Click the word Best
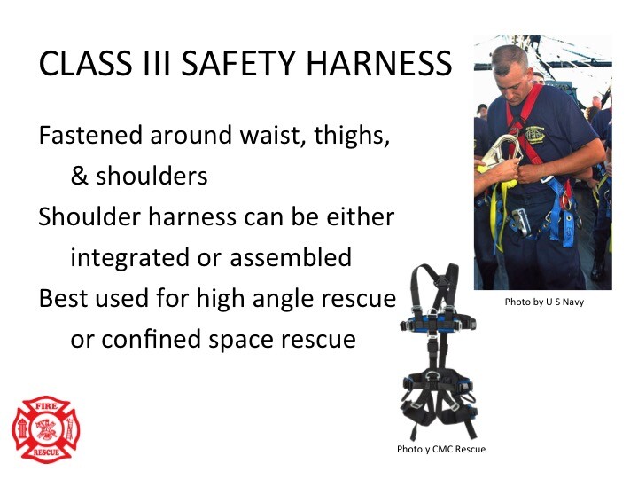click(65, 299)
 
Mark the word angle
click(289, 299)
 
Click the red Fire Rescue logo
click(45, 429)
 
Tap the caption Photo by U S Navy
click(544, 302)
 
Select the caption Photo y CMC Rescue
click(441, 449)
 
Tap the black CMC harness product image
click(440, 355)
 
